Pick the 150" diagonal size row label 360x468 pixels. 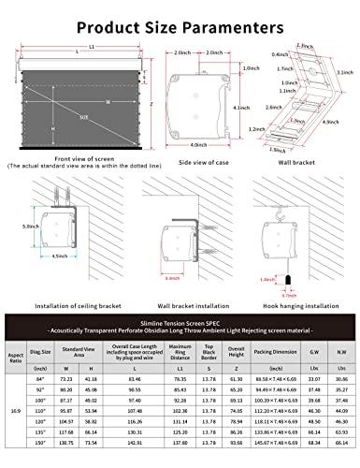point(40,460)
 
